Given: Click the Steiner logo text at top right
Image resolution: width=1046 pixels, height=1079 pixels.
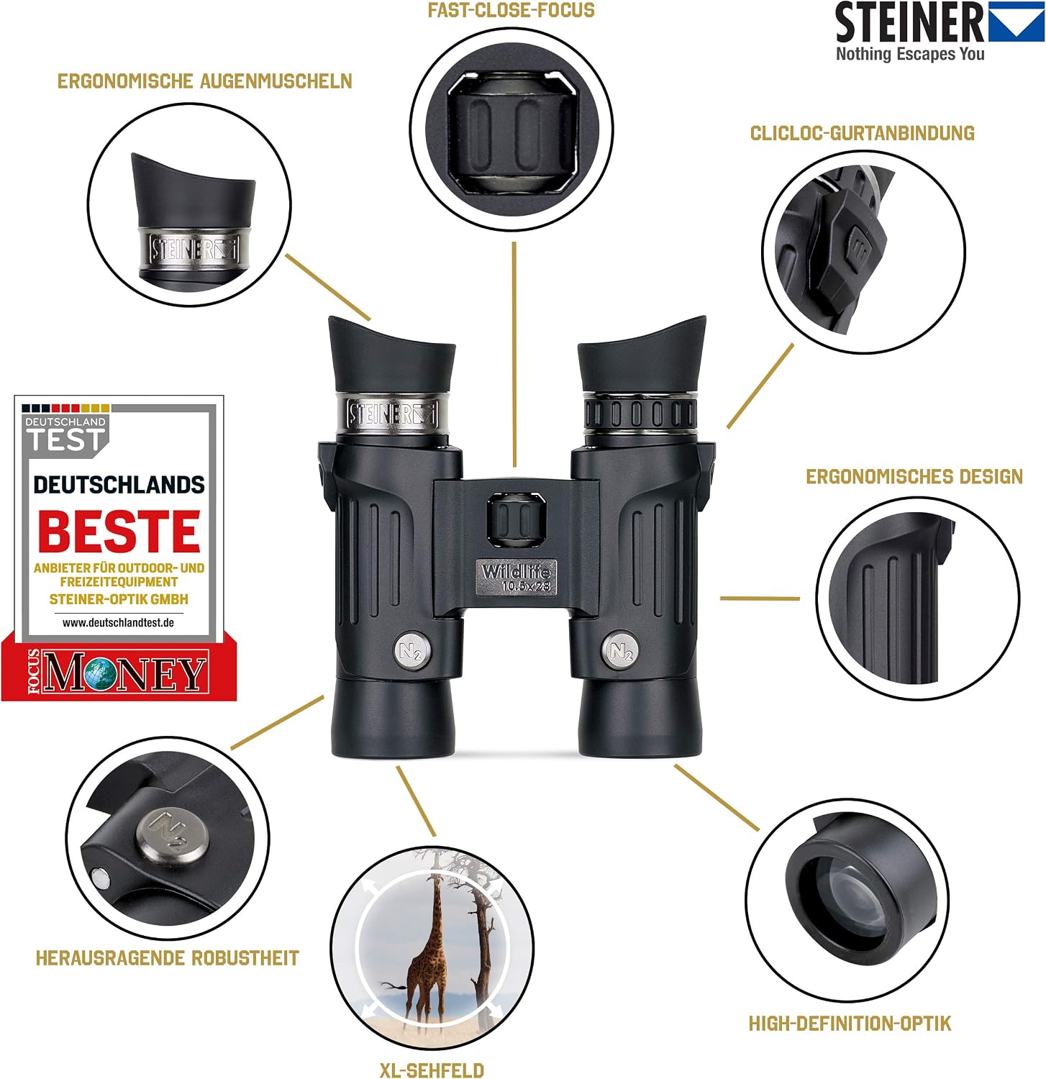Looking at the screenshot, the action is click(909, 23).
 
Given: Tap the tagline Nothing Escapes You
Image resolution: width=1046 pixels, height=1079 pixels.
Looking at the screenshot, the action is click(910, 54).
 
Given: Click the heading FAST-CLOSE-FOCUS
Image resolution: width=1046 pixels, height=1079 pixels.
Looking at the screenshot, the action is click(511, 10).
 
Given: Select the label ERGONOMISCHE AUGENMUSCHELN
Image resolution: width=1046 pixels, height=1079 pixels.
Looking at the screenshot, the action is click(205, 81).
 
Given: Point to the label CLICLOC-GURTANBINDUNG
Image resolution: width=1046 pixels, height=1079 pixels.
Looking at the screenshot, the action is click(863, 133).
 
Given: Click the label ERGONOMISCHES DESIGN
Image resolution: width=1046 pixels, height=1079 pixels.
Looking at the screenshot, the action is click(914, 476).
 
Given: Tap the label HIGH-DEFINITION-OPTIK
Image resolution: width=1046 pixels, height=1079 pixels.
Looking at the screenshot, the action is click(850, 1024).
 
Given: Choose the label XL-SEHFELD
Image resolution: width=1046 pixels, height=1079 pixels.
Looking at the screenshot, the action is click(432, 1070).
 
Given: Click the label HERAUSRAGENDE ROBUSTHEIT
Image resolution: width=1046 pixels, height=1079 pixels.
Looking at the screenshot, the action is click(168, 958).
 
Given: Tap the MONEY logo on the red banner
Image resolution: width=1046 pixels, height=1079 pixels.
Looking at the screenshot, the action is click(124, 673).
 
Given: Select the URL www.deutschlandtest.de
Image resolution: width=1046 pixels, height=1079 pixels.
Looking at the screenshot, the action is click(119, 623).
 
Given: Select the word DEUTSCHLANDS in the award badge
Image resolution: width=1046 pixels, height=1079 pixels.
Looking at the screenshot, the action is click(119, 485).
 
